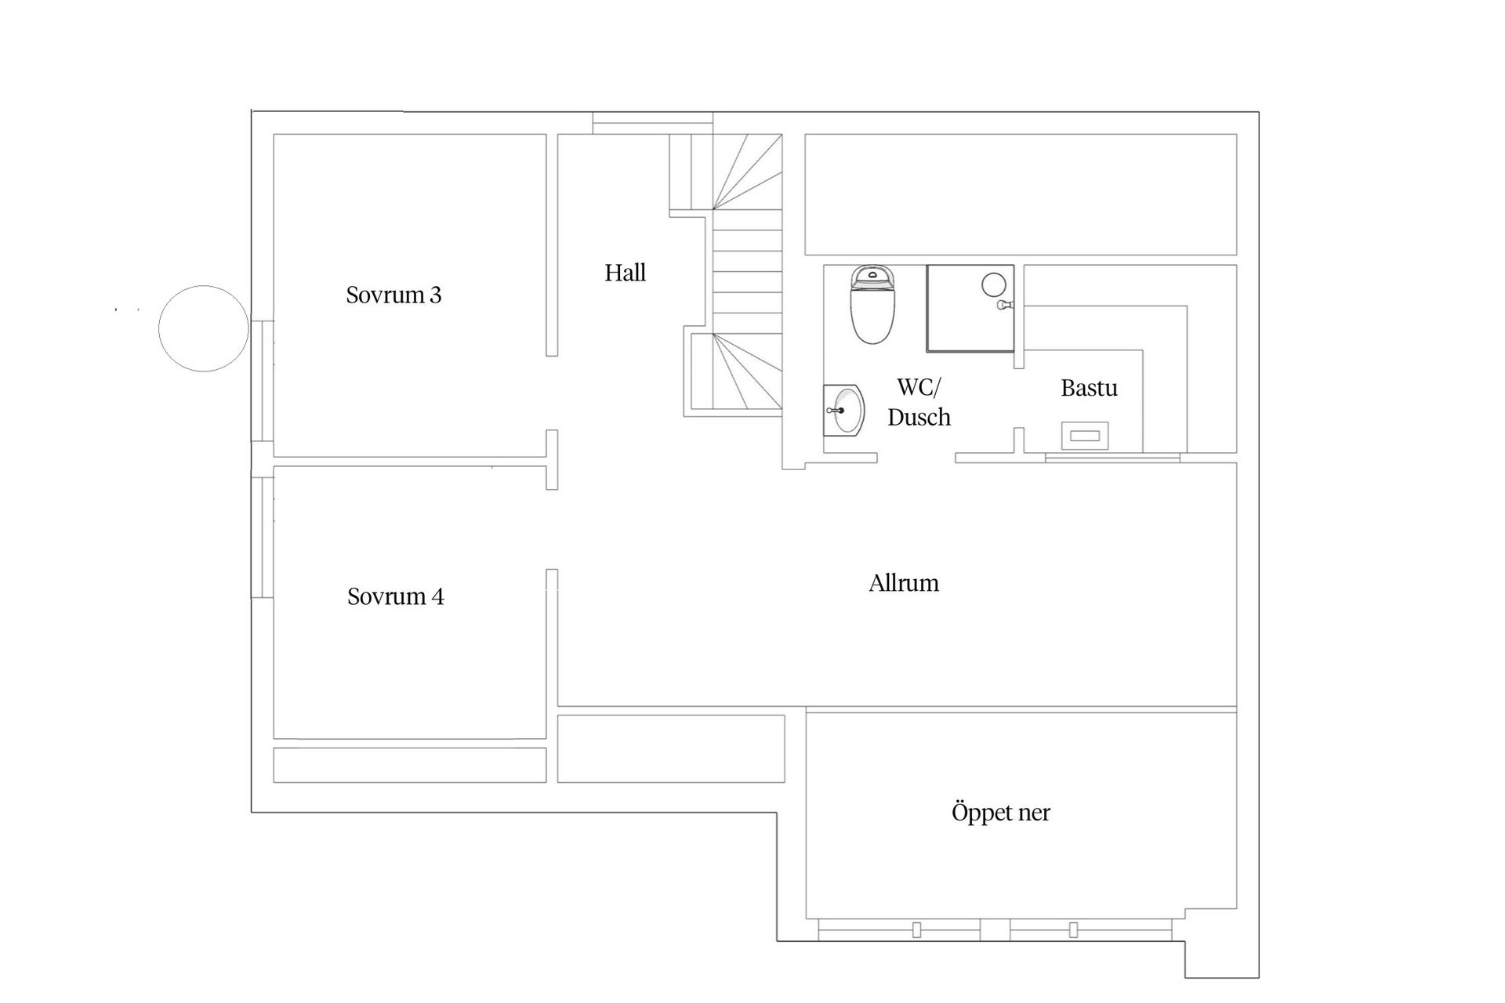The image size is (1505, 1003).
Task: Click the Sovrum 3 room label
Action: [393, 295]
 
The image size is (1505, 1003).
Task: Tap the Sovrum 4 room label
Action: [395, 596]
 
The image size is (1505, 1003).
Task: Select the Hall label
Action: [626, 273]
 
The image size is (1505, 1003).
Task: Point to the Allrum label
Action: [904, 583]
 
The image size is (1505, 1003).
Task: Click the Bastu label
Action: [1089, 388]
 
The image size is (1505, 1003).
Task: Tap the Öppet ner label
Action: [1001, 813]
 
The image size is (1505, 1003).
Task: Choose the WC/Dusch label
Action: [919, 402]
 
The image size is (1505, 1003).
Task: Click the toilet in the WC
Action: [872, 304]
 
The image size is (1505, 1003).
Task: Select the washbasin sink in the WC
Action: [843, 410]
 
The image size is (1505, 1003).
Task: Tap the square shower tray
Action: [970, 309]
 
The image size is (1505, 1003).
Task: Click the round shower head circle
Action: [994, 284]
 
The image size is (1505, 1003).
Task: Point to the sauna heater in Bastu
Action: [1085, 436]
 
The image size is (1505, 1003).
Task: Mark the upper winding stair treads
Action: [748, 172]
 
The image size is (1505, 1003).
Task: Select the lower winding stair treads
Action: [748, 371]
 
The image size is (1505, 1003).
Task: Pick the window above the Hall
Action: [652, 124]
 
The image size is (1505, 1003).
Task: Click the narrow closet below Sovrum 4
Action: [409, 765]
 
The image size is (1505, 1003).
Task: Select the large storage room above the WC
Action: [1021, 194]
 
